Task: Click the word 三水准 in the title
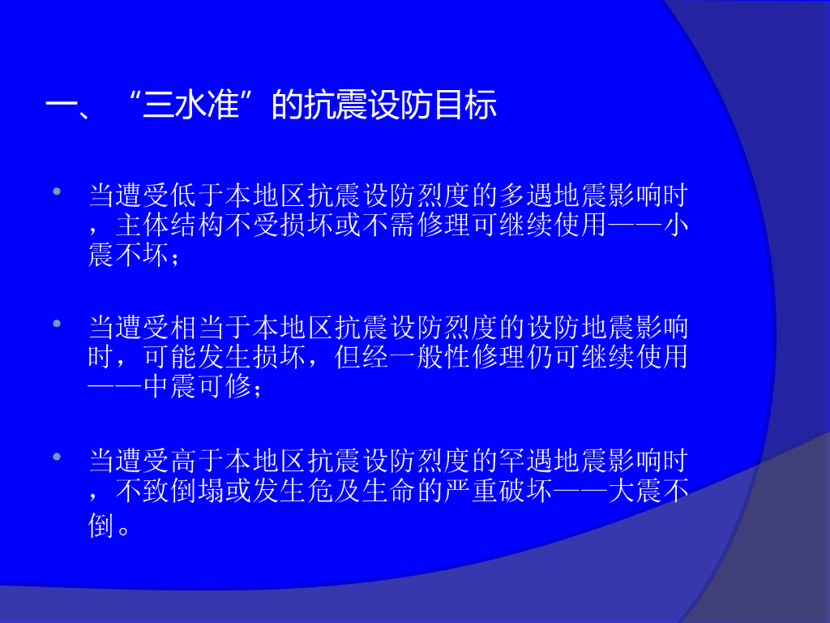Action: [191, 105]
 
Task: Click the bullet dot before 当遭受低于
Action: [58, 191]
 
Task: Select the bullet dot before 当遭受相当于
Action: [58, 323]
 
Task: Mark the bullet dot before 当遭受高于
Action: [58, 456]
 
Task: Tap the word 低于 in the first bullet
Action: [197, 195]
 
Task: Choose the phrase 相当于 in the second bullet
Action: [211, 328]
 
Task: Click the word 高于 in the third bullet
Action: [197, 460]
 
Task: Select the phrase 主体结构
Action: [170, 225]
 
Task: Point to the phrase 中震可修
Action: [198, 386]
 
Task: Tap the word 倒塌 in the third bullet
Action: [198, 491]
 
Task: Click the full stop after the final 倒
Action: [124, 531]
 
